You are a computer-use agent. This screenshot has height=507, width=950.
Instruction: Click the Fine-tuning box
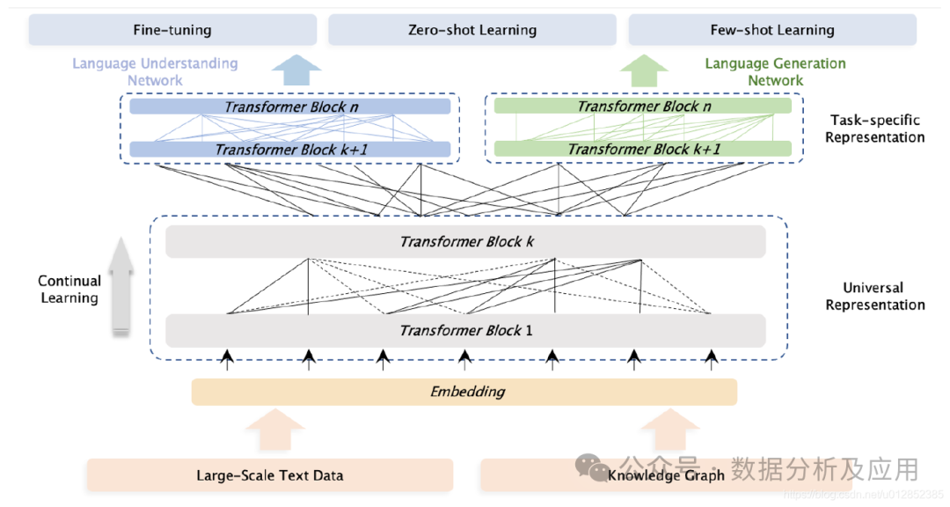(172, 30)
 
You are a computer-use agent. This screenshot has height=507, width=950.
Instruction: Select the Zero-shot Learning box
(472, 30)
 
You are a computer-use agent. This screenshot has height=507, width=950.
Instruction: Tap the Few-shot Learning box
(771, 30)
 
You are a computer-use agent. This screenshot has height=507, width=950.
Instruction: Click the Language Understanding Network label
(155, 72)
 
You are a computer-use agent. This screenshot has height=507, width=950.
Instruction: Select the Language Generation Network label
(775, 72)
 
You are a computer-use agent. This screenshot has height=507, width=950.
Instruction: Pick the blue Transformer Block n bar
(290, 107)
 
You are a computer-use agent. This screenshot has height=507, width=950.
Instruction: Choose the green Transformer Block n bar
(643, 107)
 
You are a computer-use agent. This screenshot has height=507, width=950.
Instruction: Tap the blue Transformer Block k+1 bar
(290, 150)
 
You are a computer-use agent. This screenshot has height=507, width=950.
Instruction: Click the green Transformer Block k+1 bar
(643, 149)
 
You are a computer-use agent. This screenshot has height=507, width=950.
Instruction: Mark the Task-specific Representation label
(874, 129)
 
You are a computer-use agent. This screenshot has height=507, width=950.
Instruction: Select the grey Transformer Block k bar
(465, 241)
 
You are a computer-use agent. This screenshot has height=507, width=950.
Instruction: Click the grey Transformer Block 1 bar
(465, 331)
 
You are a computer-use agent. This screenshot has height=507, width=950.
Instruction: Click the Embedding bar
(464, 392)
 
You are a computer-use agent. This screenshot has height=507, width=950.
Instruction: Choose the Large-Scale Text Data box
(269, 475)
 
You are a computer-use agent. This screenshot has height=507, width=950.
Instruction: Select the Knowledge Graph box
(666, 475)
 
